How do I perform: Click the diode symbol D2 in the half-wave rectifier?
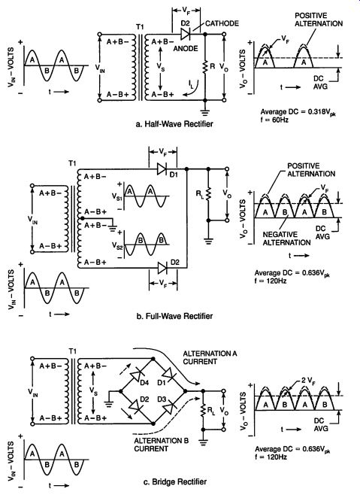click(x=186, y=34)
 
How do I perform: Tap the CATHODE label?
click(x=222, y=23)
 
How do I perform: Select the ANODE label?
click(x=186, y=48)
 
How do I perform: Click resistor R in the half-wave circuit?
click(x=205, y=67)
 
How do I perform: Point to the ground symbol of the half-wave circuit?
click(x=205, y=112)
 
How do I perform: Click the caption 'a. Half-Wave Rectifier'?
click(x=174, y=123)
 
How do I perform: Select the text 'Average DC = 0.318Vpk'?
click(x=298, y=112)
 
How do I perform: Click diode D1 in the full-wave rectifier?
click(x=162, y=169)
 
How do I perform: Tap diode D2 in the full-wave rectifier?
click(x=162, y=268)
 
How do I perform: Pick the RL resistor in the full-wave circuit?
click(x=209, y=194)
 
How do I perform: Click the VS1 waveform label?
click(x=117, y=196)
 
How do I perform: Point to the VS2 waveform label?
click(x=117, y=245)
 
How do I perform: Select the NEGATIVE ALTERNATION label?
click(x=286, y=238)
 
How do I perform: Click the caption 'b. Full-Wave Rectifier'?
click(x=174, y=316)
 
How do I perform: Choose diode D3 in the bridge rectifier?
click(x=168, y=408)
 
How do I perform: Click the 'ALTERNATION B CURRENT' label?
click(x=161, y=445)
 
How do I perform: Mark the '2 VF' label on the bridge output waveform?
click(x=308, y=381)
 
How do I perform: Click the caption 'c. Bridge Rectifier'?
click(x=174, y=481)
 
